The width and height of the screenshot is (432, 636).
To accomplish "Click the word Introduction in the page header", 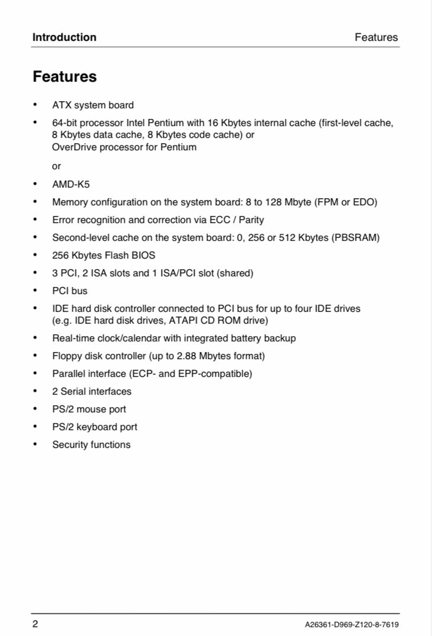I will (64, 37).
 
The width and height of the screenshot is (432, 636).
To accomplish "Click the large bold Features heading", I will (65, 77).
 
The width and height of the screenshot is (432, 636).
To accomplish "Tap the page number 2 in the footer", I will (36, 624).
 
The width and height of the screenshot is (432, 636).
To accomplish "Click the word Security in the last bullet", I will (70, 445).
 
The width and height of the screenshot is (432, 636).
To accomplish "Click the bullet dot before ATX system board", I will (36, 105).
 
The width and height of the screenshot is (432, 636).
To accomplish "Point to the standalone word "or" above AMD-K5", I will (57, 166).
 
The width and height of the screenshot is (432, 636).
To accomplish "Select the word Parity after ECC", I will (251, 220).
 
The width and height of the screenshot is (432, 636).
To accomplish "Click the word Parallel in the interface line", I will (69, 374).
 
